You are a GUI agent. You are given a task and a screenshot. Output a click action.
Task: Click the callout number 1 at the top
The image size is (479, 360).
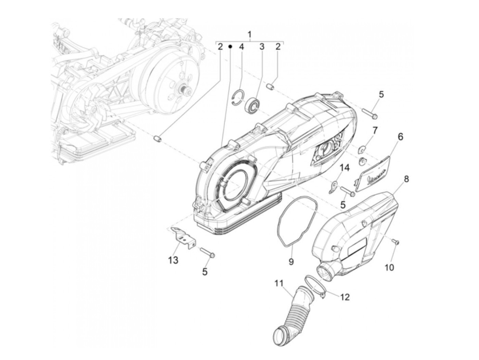[x=249, y=35]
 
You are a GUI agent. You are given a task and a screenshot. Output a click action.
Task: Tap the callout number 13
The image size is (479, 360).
[x=173, y=260]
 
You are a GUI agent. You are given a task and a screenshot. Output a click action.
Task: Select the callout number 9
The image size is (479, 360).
[x=291, y=261]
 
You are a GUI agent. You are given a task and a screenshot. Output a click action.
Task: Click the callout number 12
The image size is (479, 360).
[x=345, y=297]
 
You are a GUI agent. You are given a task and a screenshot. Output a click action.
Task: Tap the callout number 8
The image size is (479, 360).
[x=406, y=179]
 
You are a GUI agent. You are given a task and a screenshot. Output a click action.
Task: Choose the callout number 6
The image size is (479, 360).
[x=400, y=137]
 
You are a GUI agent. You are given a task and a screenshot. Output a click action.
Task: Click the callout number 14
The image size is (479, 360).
[x=345, y=168]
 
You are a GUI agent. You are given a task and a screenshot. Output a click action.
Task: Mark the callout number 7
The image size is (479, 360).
[x=375, y=130]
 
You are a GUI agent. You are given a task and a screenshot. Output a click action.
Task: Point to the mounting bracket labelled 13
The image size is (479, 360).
[x=183, y=237]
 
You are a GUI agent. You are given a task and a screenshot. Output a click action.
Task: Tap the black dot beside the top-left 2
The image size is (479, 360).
[x=230, y=46]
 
